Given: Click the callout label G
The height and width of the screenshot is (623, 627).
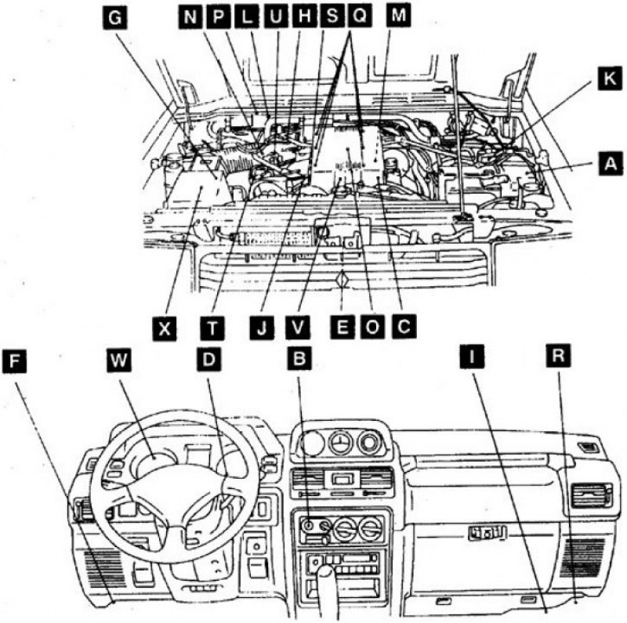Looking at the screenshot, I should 115,20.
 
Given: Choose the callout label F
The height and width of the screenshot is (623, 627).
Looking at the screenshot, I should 16,360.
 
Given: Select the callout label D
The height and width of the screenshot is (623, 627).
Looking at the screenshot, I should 210,360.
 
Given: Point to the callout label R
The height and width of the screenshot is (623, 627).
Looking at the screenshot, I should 557,360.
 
